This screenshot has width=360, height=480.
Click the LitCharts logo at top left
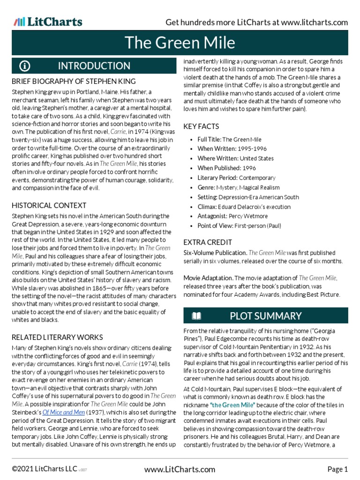pos(48,22)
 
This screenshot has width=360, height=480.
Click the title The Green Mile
pos(180,43)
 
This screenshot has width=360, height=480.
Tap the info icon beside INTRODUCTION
pos(24,66)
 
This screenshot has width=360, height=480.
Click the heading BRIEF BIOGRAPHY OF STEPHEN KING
pos(74,82)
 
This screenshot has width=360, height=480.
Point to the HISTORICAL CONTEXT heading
pos(49,205)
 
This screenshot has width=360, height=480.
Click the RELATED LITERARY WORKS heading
pos(57,337)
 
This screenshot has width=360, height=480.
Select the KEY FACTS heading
pos(201,127)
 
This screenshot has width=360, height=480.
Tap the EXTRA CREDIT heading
pos(208,242)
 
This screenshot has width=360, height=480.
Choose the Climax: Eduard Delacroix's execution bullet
pos(244,207)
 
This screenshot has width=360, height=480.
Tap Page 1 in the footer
pos(337,469)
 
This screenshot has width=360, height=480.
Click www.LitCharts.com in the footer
pos(180,469)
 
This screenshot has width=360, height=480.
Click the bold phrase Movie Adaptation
pos(208,278)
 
